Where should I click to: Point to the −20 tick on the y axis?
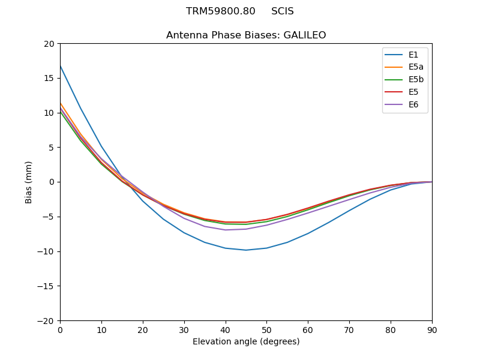47,320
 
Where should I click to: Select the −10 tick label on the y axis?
47,251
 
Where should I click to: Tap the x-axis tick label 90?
432,330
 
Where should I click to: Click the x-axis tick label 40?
226,330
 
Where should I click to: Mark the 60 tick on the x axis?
308,330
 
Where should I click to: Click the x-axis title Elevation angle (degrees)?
246,342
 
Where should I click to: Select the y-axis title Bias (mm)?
29,182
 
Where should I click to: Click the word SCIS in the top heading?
283,11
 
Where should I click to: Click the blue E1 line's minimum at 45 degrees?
246,250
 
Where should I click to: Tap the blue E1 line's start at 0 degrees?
61,66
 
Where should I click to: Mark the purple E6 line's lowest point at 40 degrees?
226,230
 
